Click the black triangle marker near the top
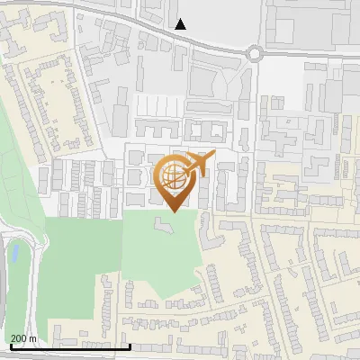pyautogui.click(x=182, y=24)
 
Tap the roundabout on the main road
pyautogui.click(x=255, y=53)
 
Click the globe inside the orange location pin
pyautogui.click(x=173, y=174)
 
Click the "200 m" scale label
pyautogui.click(x=22, y=338)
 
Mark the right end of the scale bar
pyautogui.click(x=130, y=346)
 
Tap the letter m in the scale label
pyautogui.click(x=32, y=338)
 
